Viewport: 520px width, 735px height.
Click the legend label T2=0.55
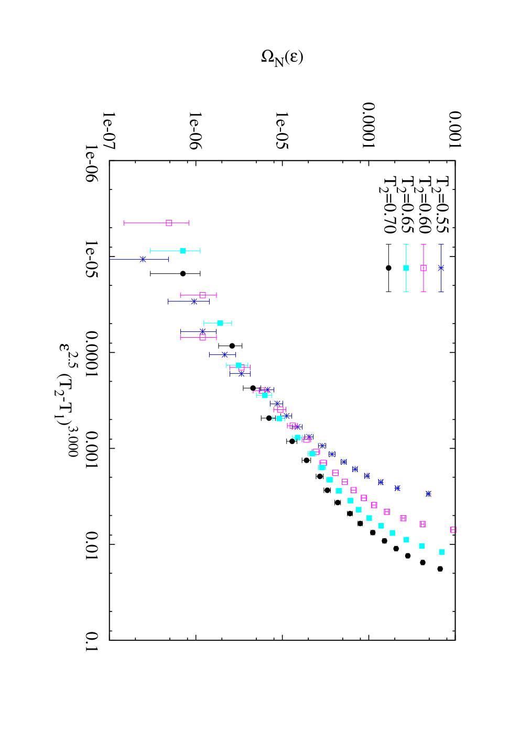[x=441, y=204]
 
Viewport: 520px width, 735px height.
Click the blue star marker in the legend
[x=441, y=268]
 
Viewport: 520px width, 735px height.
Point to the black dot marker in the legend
[x=388, y=268]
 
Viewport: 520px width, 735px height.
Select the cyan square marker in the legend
[x=406, y=268]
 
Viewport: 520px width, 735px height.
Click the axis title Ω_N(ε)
[x=282, y=58]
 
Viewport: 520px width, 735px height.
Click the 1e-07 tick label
[x=109, y=131]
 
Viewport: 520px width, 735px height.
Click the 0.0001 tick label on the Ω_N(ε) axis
[x=369, y=125]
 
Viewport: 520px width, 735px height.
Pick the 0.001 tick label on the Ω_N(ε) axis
[x=456, y=130]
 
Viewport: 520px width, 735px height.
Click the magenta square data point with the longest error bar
[x=169, y=223]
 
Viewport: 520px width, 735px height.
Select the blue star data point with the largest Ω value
[x=428, y=494]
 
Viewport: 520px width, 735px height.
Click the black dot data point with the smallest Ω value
[x=183, y=273]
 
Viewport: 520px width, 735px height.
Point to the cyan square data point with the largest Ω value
[x=442, y=552]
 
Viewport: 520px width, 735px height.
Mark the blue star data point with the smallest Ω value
[x=143, y=259]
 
